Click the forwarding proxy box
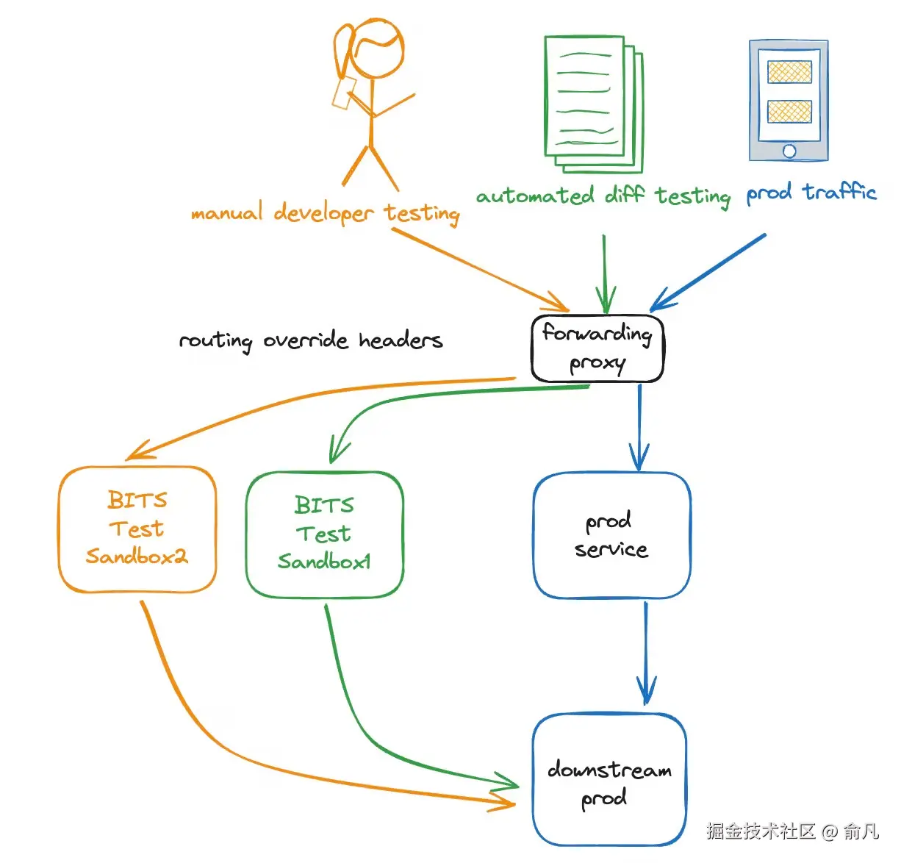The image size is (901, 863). point(597,348)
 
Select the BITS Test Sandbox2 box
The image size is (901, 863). point(137,529)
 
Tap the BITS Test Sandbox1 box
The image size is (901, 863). point(324,534)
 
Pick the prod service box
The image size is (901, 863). point(611,535)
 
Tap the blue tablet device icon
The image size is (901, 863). point(789,101)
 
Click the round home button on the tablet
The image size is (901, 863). point(789,151)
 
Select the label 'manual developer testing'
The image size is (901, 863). point(325,213)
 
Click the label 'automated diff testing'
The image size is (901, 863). point(603,196)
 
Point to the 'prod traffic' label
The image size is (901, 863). point(811,193)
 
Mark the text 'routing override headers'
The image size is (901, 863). point(311,340)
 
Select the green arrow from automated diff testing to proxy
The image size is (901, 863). point(605,272)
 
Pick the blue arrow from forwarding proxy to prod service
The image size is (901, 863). point(639,426)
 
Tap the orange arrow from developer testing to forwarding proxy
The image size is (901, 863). point(478,269)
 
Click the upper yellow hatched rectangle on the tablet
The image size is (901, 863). point(789,72)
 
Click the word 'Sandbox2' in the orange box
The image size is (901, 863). point(137,556)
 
